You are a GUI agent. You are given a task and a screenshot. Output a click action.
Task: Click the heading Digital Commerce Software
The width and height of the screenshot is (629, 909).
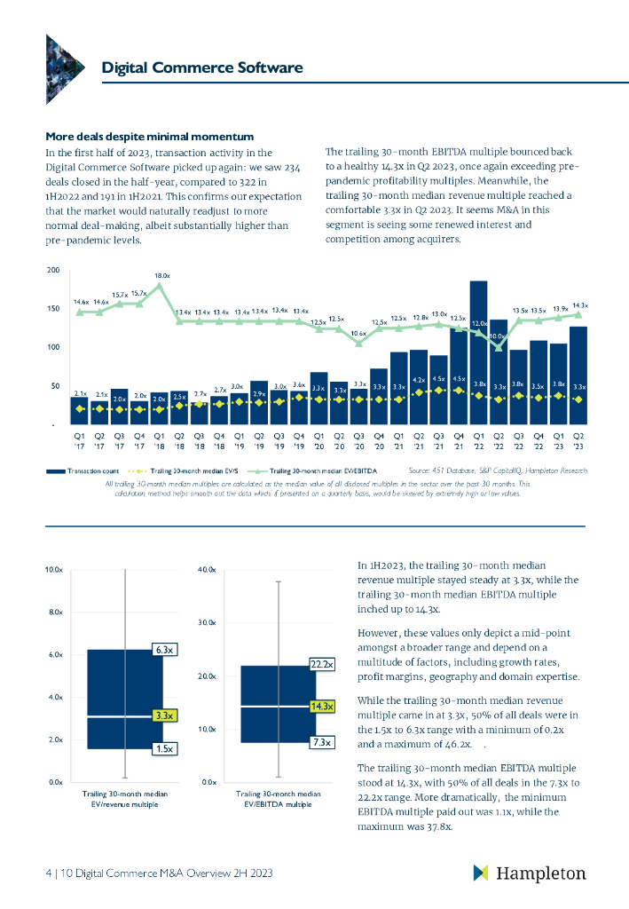(202, 68)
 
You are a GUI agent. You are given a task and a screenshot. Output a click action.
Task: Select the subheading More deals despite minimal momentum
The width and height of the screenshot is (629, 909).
(150, 136)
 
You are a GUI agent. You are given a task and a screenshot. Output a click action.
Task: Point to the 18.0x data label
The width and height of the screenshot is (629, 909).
(161, 275)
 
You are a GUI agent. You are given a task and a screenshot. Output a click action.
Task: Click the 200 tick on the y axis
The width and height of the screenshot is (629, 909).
(53, 270)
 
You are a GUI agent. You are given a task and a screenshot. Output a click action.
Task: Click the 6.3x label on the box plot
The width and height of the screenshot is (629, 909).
(163, 650)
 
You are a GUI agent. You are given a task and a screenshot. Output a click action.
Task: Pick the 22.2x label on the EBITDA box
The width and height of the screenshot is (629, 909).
(321, 664)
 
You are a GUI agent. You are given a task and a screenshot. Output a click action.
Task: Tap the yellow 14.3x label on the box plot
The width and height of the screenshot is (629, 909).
(321, 707)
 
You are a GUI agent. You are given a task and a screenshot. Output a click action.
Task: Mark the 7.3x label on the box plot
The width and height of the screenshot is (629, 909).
(321, 742)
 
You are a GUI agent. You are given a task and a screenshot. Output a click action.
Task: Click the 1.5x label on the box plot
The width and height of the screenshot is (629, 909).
(163, 749)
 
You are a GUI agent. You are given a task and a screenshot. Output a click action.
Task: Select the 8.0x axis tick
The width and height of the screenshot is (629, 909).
(53, 613)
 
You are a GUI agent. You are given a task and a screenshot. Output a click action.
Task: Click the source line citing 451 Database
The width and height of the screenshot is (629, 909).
(498, 470)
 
